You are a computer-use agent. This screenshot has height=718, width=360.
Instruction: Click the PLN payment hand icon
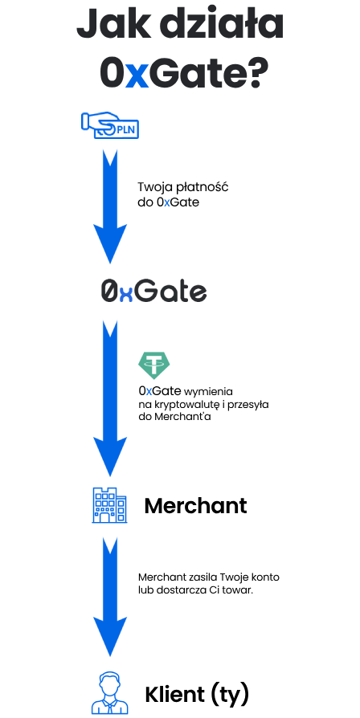coord(110,125)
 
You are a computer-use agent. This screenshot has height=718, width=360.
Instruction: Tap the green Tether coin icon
coord(153,366)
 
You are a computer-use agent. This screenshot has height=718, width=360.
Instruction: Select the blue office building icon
coord(109,505)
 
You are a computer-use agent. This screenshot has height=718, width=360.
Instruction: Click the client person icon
coord(109,693)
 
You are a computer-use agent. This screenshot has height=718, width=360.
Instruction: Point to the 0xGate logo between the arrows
coord(154,292)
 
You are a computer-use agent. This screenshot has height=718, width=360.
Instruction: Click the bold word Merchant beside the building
coord(195,505)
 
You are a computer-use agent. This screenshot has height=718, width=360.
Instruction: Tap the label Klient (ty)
coord(197,695)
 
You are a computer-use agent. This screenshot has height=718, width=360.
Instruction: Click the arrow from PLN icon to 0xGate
coord(110,206)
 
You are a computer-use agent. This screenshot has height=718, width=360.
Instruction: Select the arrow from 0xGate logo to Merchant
coord(110,398)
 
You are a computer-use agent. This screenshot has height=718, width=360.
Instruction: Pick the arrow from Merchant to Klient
coord(110,597)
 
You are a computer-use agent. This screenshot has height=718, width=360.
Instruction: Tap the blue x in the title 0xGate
coord(137,77)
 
